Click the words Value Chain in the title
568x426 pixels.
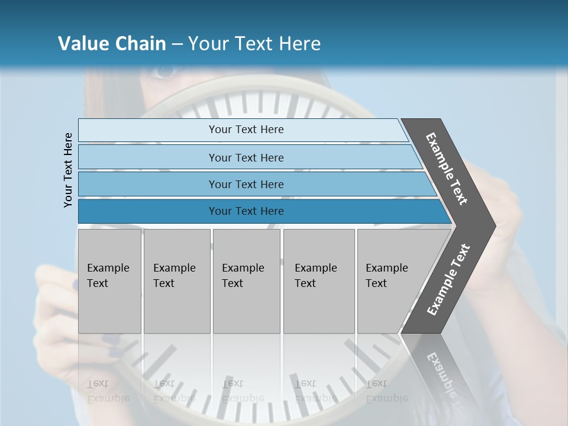point(112,44)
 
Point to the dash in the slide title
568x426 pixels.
point(177,44)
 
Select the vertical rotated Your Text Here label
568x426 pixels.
point(68,170)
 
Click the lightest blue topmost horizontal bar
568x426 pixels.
point(246,130)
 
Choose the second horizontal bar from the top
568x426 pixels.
point(246,157)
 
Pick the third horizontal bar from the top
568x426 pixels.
point(246,184)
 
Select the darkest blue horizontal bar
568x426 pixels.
point(246,211)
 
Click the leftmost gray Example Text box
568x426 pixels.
point(109,281)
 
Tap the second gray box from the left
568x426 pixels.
point(176,281)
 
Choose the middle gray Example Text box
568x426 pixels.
point(246,281)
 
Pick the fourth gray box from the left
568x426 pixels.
point(318,281)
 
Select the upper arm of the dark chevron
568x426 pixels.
point(447,169)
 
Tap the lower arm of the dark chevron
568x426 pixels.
point(447,280)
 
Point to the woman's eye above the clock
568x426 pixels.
point(164,72)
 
